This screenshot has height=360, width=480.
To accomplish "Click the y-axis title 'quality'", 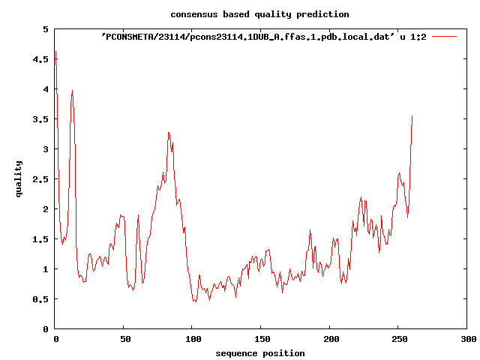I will tap(19, 178).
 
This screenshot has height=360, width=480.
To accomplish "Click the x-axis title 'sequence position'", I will tap(259, 352).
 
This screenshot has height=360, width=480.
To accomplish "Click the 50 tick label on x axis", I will tap(124, 339).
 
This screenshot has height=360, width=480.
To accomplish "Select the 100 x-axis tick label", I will tap(193, 339).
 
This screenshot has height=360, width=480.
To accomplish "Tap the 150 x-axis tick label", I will tap(262, 339).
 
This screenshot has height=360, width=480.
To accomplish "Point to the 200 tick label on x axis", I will tap(330, 339).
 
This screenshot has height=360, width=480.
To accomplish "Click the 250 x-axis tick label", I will tap(399, 339).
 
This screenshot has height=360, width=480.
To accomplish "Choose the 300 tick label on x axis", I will tap(467, 339).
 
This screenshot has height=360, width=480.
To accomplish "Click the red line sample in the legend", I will tap(444, 36).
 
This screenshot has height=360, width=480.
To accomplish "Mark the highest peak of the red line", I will tap(56, 52).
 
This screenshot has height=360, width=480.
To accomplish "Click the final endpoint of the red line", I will tap(412, 116).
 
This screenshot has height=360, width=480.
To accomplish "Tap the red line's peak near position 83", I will tap(169, 133).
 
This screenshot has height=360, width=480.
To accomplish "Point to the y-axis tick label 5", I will tap(46, 29).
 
